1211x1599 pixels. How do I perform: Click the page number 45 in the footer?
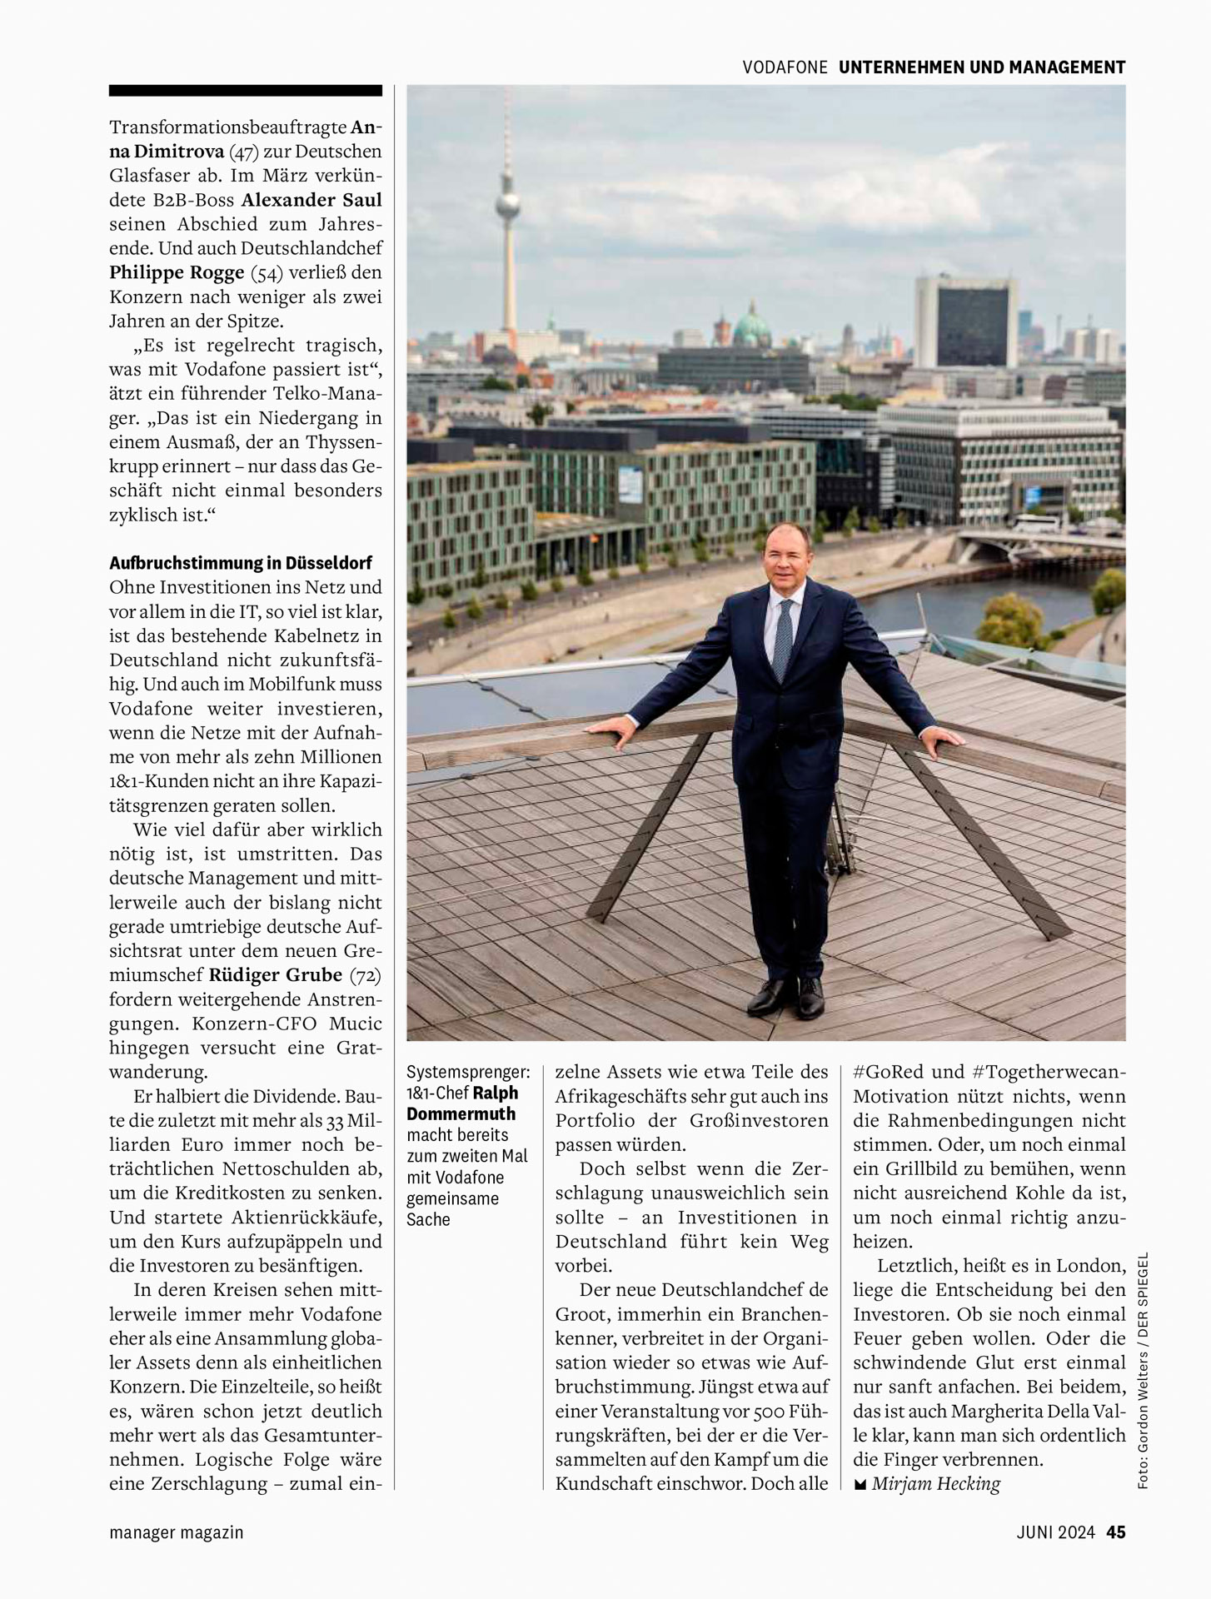tap(1116, 1532)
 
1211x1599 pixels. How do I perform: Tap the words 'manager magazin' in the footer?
tap(176, 1532)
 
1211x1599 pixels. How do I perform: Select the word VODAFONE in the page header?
tap(785, 67)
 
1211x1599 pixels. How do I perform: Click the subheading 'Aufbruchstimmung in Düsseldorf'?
tap(241, 563)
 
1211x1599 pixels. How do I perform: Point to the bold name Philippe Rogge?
tap(177, 272)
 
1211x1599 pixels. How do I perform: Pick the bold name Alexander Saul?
tap(311, 200)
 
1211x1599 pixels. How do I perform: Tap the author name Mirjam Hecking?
tap(935, 1484)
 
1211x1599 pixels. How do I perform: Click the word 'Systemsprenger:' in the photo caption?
tap(468, 1072)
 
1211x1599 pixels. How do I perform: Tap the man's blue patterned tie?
tap(782, 641)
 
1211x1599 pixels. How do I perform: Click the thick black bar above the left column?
tap(246, 90)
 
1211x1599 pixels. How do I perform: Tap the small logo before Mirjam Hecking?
tap(860, 1485)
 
